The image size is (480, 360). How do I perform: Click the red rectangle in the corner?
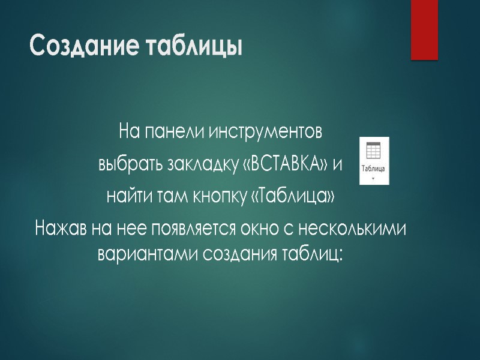(x=424, y=29)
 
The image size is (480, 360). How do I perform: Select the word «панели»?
(x=173, y=130)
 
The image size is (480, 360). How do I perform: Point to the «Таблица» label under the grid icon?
(x=373, y=169)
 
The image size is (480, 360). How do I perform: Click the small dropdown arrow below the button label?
(x=373, y=178)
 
